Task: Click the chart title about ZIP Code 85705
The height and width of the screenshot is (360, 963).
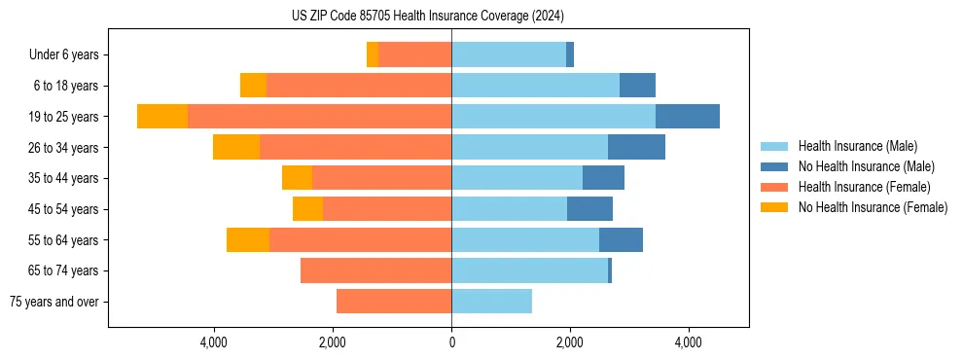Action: click(427, 16)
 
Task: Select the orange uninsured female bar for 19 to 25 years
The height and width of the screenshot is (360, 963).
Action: click(162, 117)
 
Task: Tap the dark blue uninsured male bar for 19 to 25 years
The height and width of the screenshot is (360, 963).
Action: click(687, 117)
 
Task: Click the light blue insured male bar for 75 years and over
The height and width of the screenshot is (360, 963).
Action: click(491, 302)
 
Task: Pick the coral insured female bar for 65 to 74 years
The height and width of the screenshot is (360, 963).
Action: click(375, 270)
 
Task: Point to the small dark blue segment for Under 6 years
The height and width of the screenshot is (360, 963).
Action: click(570, 55)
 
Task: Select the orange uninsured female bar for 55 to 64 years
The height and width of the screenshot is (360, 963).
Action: click(248, 240)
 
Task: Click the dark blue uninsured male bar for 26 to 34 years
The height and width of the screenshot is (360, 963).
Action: click(636, 148)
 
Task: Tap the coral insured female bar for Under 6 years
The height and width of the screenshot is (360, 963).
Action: click(414, 55)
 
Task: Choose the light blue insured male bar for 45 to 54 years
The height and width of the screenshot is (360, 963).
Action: click(509, 209)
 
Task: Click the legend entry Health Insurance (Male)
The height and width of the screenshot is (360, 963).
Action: click(857, 146)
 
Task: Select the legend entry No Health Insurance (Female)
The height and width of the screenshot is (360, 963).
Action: click(873, 207)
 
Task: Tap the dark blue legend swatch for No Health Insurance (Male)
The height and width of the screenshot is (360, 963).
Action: click(774, 166)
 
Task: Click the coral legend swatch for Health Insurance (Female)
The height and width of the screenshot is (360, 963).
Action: click(774, 187)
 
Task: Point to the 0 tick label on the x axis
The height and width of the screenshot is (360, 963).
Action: click(451, 343)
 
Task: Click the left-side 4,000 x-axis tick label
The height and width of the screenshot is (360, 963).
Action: click(213, 343)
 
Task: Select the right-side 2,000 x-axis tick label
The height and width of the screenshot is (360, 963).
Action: click(570, 343)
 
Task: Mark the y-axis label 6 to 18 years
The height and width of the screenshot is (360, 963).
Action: click(66, 87)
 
